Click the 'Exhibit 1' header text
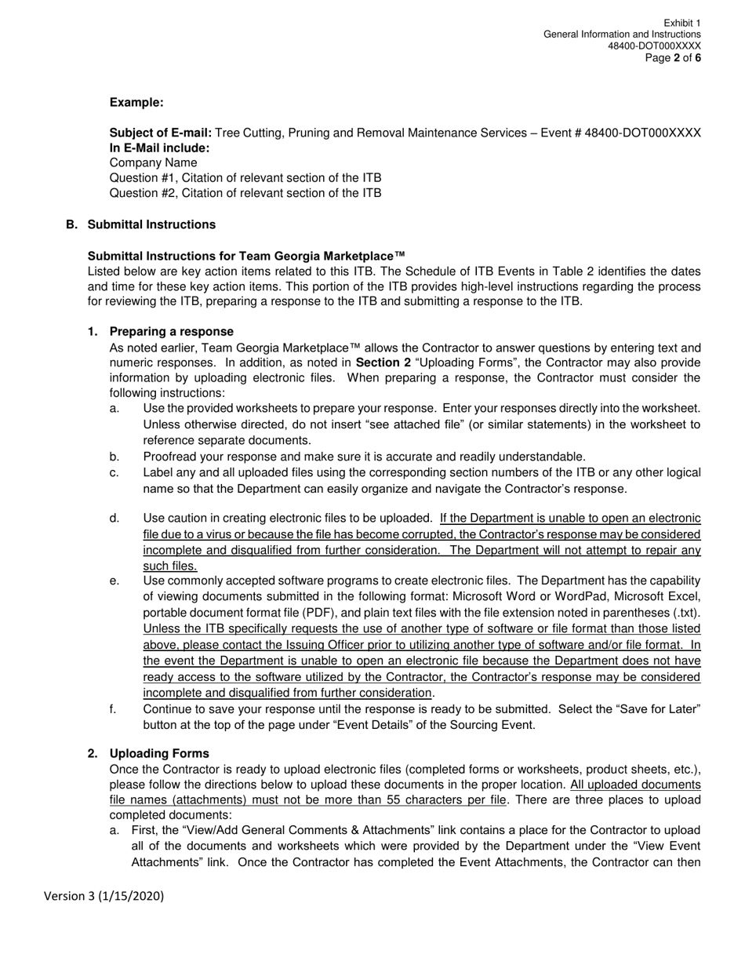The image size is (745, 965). [681, 24]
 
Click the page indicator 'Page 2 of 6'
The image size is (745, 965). [673, 58]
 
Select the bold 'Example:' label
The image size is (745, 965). [136, 102]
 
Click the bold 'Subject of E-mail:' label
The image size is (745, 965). [160, 133]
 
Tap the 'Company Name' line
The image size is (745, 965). [153, 162]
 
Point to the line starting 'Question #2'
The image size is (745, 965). [245, 193]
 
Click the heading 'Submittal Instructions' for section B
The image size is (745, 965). [151, 224]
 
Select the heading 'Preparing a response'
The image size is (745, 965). [171, 331]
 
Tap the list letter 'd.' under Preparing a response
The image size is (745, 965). [114, 518]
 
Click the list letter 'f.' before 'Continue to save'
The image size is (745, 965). [113, 708]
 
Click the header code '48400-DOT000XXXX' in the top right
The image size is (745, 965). [654, 46]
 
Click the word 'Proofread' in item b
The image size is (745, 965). [169, 457]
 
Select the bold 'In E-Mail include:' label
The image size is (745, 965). [159, 147]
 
